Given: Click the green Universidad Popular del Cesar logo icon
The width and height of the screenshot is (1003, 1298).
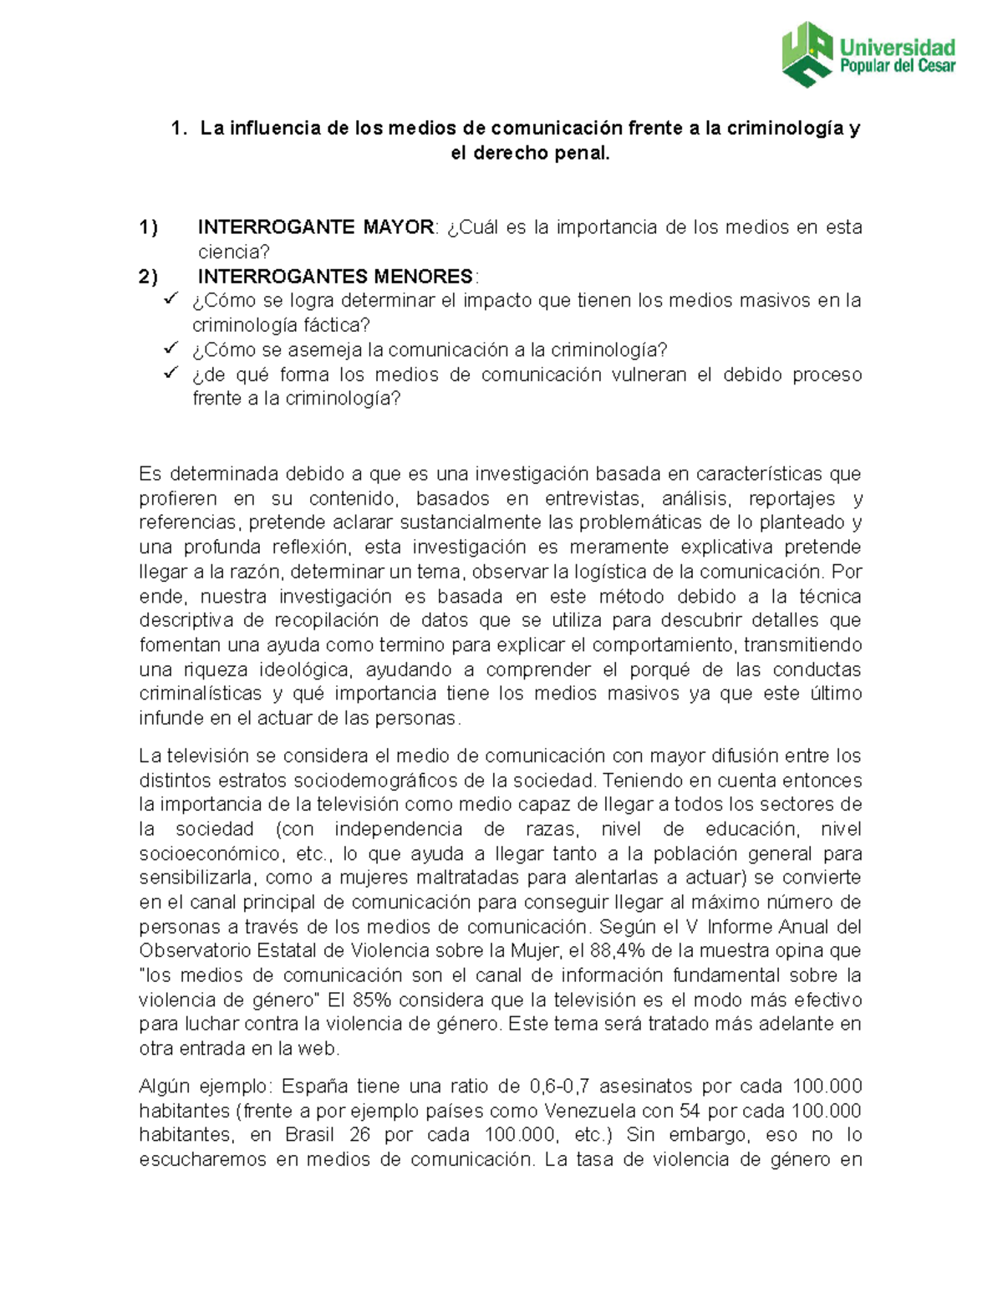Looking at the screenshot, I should coord(807,53).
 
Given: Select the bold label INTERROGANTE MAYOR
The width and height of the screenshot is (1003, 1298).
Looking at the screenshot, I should coord(315,227).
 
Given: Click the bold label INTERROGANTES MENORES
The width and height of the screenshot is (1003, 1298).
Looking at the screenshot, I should coord(335,277).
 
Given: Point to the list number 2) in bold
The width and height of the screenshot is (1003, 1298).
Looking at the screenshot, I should coord(149,277).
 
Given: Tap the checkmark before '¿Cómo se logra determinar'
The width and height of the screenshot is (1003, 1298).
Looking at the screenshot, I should coord(171,299).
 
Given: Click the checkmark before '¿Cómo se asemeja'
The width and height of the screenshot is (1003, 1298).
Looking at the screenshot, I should coord(171,349).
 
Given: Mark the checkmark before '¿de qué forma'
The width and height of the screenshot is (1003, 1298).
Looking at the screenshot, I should coord(171,373).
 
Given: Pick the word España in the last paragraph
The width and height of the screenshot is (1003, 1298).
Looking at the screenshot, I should coord(314,1087).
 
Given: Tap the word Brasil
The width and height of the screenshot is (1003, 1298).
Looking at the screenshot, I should coord(309,1135).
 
